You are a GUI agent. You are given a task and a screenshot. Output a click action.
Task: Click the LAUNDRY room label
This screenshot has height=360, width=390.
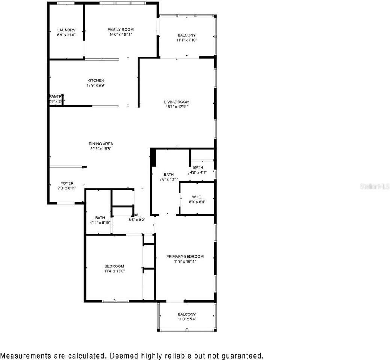point(66,30)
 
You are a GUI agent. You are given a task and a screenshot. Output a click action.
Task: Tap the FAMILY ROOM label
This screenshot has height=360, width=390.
point(120,30)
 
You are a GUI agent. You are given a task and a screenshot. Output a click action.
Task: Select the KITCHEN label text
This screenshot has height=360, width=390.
point(96,80)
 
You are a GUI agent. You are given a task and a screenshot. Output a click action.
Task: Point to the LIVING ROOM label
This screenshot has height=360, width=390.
point(177,102)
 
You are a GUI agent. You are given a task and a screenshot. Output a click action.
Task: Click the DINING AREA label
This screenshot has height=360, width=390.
point(100,144)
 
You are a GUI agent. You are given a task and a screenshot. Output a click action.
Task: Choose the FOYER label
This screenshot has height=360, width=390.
point(67,183)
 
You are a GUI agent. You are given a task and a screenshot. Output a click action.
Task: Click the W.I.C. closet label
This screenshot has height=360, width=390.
point(197,196)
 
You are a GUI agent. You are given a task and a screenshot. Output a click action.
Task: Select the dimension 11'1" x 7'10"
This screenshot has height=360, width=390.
point(187,40)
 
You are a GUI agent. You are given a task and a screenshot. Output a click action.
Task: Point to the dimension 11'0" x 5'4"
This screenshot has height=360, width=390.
point(187,319)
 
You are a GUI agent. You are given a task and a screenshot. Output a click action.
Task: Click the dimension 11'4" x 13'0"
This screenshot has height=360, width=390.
point(114,271)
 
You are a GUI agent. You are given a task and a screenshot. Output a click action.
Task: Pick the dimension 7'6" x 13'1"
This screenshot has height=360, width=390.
point(169,179)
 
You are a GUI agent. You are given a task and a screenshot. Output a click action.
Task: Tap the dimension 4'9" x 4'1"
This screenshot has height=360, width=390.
point(198,172)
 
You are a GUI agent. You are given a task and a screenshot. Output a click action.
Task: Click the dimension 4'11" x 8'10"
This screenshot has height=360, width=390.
point(100,222)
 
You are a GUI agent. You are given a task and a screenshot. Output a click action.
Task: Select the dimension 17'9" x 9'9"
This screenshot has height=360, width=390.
point(96,85)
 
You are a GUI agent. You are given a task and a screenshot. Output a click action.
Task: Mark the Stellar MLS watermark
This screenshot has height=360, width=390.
point(375,186)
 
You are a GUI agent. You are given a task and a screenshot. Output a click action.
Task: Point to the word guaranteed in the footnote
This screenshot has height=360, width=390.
point(243,355)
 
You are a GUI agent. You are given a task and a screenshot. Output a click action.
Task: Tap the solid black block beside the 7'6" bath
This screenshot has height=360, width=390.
point(153,157)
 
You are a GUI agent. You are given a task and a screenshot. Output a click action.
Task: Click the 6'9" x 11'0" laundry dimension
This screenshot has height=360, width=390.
point(66,35)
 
